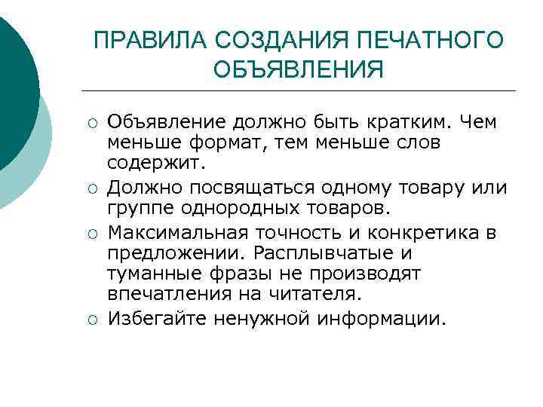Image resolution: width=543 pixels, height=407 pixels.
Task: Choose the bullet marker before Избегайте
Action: [x=90, y=320]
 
